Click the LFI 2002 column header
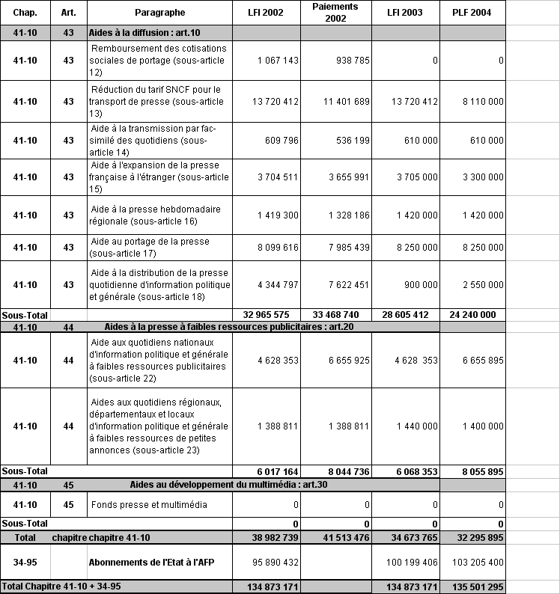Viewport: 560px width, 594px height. pyautogui.click(x=265, y=13)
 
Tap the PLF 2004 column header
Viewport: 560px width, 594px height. pyautogui.click(x=473, y=13)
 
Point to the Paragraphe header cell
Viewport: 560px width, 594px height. pyautogui.click(x=159, y=13)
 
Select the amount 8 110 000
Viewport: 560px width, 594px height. pyautogui.click(x=480, y=102)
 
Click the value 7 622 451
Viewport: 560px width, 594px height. pyautogui.click(x=344, y=284)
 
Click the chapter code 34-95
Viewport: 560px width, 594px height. pyautogui.click(x=25, y=562)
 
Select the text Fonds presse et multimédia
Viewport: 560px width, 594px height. pyautogui.click(x=149, y=505)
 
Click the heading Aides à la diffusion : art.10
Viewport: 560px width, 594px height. pyautogui.click(x=144, y=33)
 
